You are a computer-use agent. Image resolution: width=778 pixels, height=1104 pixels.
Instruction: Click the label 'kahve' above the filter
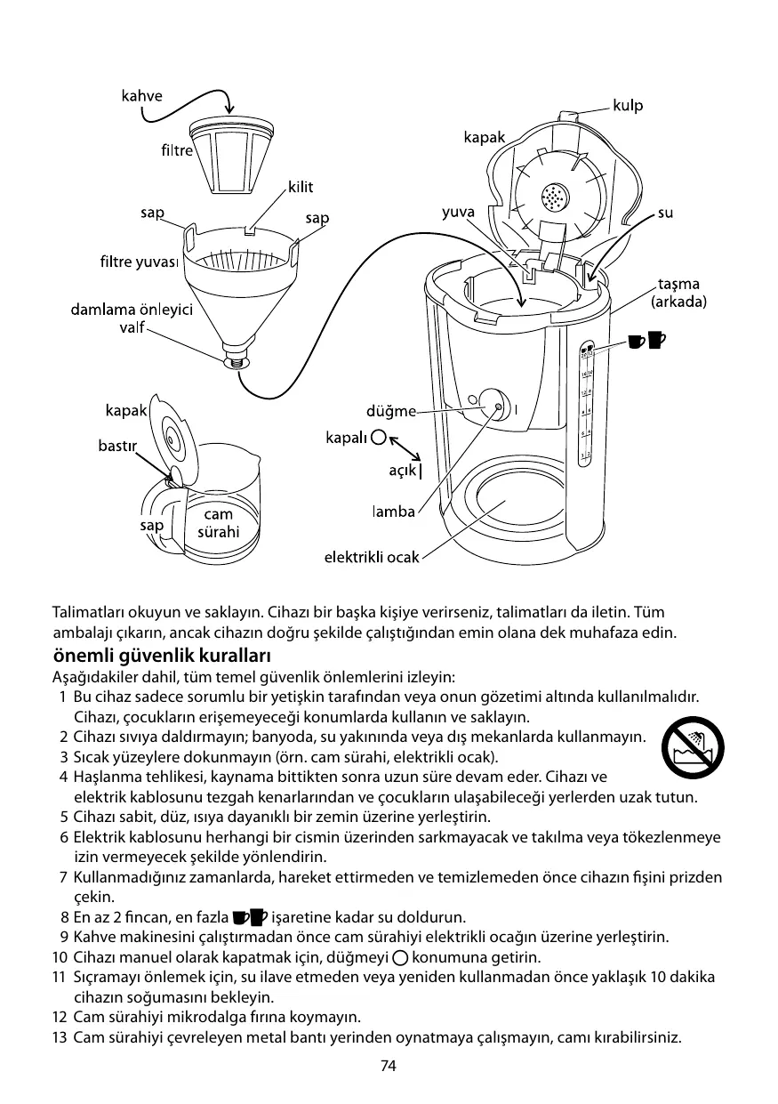(142, 96)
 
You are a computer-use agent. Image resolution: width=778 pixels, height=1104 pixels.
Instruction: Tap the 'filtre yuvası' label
(140, 262)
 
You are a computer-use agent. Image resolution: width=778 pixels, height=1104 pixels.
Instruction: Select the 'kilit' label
(301, 188)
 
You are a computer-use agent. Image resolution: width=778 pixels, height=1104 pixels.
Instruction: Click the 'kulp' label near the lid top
(628, 106)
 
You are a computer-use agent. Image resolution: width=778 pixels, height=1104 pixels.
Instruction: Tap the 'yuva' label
(459, 213)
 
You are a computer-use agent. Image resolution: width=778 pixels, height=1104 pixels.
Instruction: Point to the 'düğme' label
(391, 411)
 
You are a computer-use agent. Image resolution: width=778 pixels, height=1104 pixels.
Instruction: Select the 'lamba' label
(393, 512)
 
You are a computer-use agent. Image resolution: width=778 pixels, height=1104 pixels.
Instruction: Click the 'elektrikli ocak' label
(371, 557)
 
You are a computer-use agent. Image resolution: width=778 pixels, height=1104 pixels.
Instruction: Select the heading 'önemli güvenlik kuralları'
(161, 656)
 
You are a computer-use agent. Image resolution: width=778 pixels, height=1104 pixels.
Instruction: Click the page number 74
(388, 1067)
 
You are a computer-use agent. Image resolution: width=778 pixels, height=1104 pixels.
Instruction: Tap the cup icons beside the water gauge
(647, 340)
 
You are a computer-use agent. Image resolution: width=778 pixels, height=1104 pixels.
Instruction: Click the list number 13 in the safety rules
(60, 1038)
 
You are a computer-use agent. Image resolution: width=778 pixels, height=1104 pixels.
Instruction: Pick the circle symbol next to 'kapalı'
(380, 437)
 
